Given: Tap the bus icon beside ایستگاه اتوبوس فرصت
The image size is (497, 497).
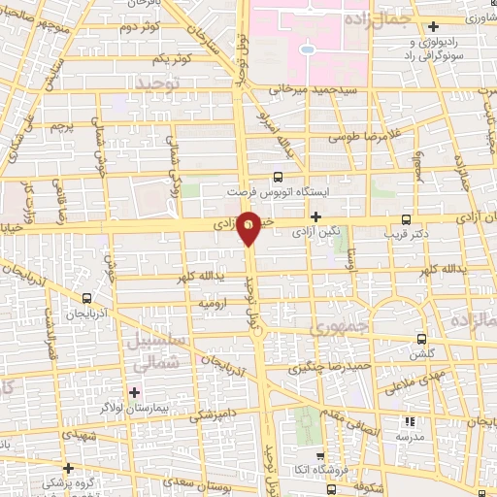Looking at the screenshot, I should tap(279, 177).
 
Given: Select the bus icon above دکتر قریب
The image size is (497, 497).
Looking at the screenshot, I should tap(406, 219).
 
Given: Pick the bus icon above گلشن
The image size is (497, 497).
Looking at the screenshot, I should tap(420, 339).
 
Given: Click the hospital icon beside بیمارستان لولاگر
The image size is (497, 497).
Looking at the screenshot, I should tap(134, 392).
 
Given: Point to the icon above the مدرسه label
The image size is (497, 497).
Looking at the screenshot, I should tap(408, 421).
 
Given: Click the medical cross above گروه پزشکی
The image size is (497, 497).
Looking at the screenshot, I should tap(68, 466).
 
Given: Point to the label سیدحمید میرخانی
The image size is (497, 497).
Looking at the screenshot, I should tap(300, 89).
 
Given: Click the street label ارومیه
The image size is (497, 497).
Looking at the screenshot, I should tap(213, 304).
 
